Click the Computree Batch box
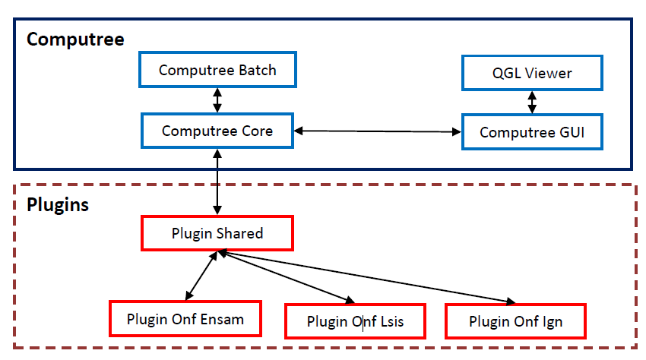pyautogui.click(x=217, y=71)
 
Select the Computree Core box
pyautogui.click(x=217, y=131)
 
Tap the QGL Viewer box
pyautogui.click(x=532, y=73)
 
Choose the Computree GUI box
pyautogui.click(x=532, y=132)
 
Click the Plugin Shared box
pyautogui.click(x=217, y=233)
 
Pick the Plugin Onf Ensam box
pyautogui.click(x=185, y=318)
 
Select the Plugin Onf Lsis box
pyautogui.click(x=355, y=321)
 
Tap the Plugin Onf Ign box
pyautogui.click(x=516, y=321)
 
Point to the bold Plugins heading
pyautogui.click(x=58, y=204)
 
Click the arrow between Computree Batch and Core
pyautogui.click(x=218, y=100)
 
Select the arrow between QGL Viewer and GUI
pyautogui.click(x=532, y=102)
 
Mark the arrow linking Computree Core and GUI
pyautogui.click(x=378, y=131)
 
